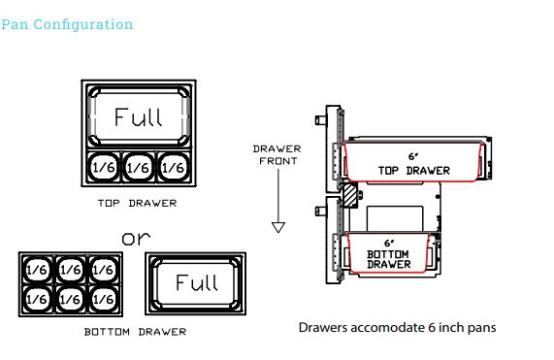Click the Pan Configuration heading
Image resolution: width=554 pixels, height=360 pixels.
coord(67,24)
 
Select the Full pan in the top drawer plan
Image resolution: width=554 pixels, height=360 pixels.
coord(139,116)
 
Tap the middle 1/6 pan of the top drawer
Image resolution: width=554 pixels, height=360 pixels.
coord(138,167)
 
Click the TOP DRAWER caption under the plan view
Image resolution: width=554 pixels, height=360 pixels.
coord(137,203)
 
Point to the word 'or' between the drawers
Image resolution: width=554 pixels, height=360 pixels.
coord(136,239)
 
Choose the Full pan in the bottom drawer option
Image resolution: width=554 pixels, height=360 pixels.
coord(196,283)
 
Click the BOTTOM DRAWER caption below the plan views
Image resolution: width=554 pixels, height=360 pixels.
coord(135,332)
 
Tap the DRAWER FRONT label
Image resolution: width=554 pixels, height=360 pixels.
coord(277,154)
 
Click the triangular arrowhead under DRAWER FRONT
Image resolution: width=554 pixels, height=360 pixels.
coord(278,227)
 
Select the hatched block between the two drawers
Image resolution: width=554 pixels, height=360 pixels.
coord(350,195)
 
